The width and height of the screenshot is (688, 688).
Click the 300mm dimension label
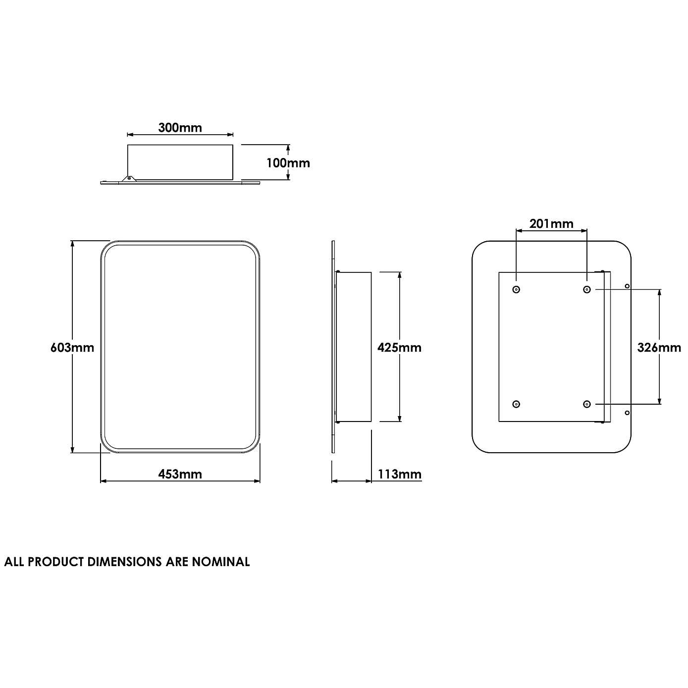tap(180, 128)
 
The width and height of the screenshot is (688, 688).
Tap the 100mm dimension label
tap(288, 162)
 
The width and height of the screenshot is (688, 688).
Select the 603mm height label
tap(72, 347)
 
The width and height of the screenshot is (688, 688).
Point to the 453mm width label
tap(180, 474)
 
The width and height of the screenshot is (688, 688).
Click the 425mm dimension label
tap(399, 347)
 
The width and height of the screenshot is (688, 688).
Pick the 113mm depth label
tap(399, 474)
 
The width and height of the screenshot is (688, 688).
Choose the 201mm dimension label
tap(551, 224)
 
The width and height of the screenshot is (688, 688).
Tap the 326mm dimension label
tap(659, 347)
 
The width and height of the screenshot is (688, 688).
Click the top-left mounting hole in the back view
tap(516, 289)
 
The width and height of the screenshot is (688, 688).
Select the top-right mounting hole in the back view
tap(587, 289)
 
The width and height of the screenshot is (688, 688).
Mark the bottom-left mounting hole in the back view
tap(516, 404)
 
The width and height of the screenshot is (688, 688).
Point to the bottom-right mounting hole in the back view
tap(587, 404)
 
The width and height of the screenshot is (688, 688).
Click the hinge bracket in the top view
tap(129, 178)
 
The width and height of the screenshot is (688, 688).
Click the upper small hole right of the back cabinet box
tap(627, 286)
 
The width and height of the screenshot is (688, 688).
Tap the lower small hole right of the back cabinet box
tap(627, 412)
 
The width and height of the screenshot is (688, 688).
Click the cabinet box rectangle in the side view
tap(354, 347)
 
